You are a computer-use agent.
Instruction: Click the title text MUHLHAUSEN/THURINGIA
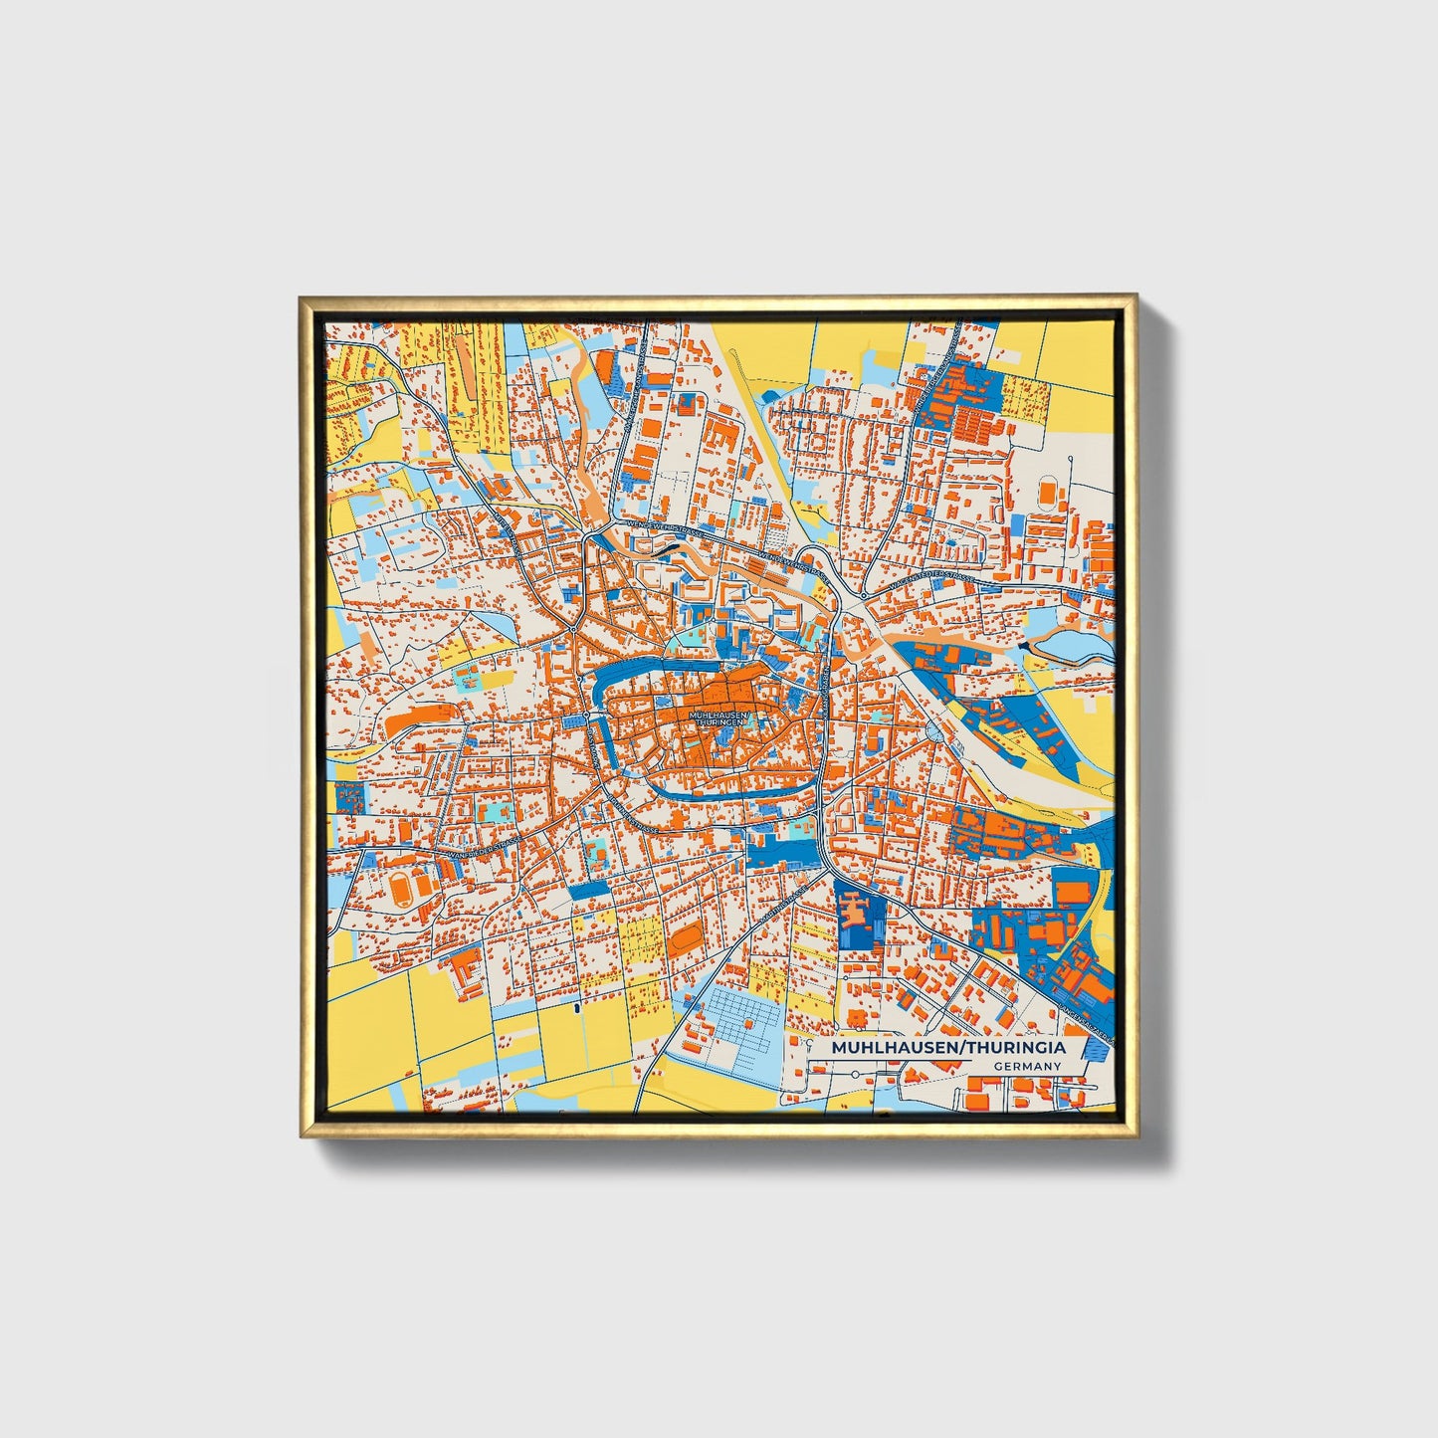point(947,1048)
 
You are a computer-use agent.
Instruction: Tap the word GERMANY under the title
point(1027,1067)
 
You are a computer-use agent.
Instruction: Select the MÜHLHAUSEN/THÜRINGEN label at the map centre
point(715,718)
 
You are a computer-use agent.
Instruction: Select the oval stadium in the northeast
point(1048,491)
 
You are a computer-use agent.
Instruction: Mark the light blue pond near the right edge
point(1075,647)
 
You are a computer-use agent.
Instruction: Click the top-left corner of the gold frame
point(303,299)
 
